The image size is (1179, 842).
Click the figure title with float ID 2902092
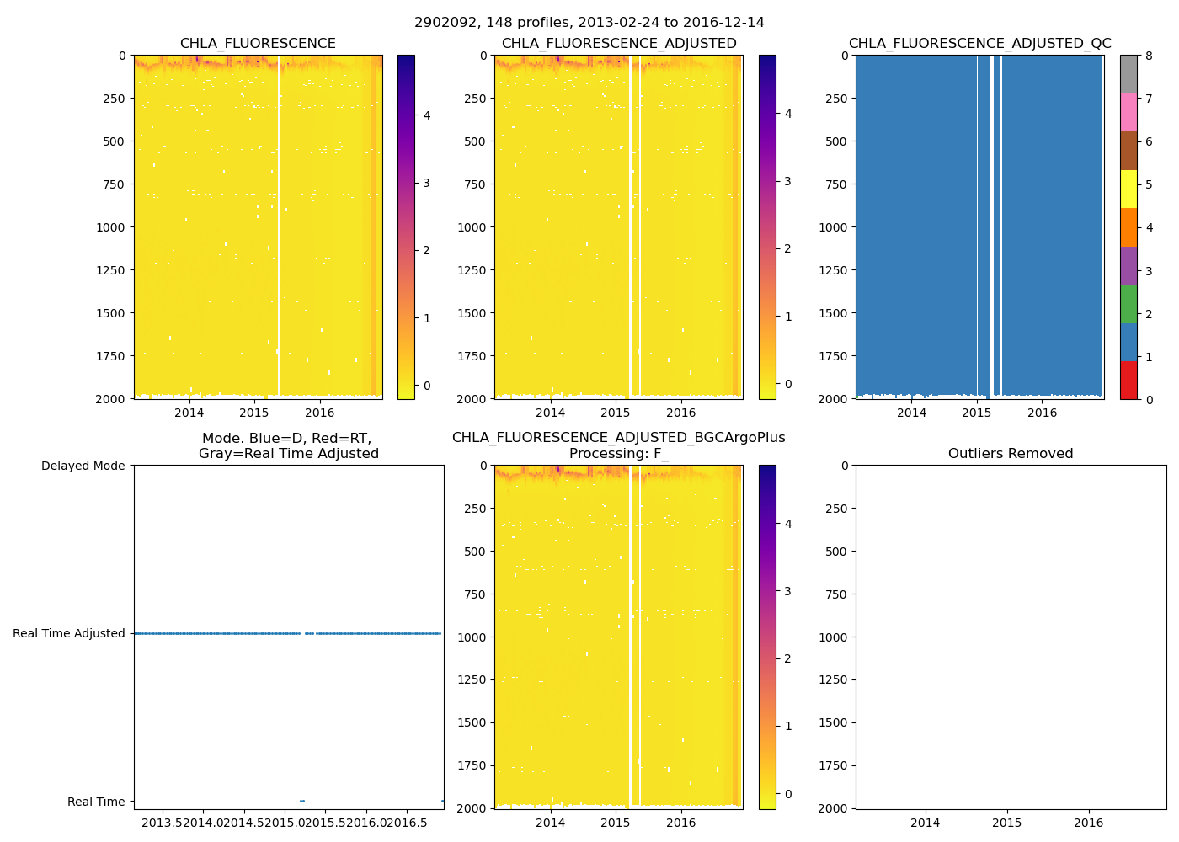click(x=589, y=23)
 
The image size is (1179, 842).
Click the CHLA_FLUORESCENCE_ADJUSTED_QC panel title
click(x=979, y=44)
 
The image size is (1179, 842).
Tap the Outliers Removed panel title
click(x=1011, y=454)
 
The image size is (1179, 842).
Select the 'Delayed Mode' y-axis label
click(x=83, y=466)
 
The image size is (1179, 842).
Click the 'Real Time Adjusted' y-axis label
click(x=68, y=633)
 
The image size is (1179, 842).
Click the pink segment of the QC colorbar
click(x=1128, y=113)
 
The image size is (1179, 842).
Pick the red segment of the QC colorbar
click(x=1128, y=381)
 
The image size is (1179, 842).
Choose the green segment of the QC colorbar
click(x=1128, y=304)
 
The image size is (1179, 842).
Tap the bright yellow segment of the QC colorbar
click(x=1128, y=189)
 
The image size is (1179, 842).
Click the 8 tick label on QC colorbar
click(x=1149, y=56)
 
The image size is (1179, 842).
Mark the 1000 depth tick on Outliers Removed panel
click(x=834, y=637)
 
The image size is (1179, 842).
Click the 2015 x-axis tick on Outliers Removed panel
click(x=1006, y=823)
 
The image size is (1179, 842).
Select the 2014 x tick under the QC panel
click(x=911, y=413)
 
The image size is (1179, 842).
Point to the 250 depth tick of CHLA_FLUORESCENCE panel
click(x=113, y=99)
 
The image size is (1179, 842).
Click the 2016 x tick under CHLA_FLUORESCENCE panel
click(x=319, y=413)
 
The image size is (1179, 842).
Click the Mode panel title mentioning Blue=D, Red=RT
click(x=288, y=446)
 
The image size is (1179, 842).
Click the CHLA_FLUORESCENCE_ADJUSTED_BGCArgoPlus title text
click(x=618, y=438)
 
